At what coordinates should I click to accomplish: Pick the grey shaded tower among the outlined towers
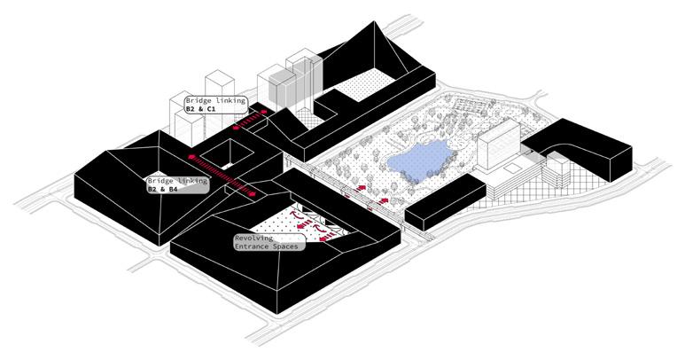point(283,89)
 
